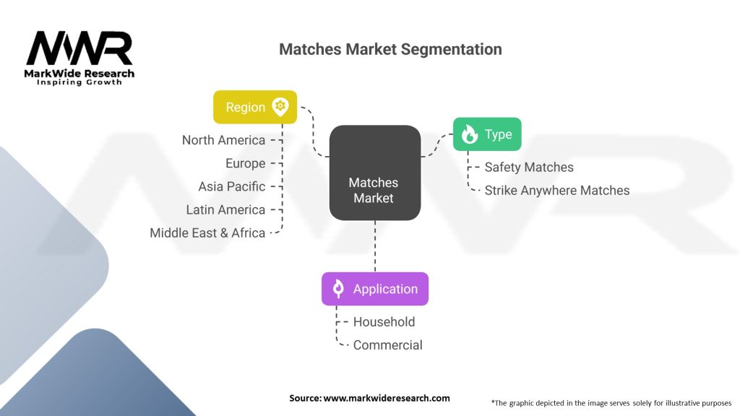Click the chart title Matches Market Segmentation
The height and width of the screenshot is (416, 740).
pyautogui.click(x=390, y=50)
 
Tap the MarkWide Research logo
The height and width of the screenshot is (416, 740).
pyautogui.click(x=79, y=58)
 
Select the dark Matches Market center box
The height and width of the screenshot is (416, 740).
pyautogui.click(x=375, y=173)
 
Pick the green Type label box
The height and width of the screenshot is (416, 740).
pyautogui.click(x=486, y=134)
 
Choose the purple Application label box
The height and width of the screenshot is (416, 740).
pyautogui.click(x=374, y=289)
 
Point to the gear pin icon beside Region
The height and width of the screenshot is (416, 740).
pyautogui.click(x=280, y=107)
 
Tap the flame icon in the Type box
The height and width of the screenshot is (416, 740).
pyautogui.click(x=470, y=134)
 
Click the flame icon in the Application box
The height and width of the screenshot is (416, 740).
pyautogui.click(x=337, y=289)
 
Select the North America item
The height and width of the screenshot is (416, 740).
pyautogui.click(x=223, y=140)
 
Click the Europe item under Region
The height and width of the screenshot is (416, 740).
pyautogui.click(x=245, y=163)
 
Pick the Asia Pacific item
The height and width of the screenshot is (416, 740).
pyautogui.click(x=231, y=186)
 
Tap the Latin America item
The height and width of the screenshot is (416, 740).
pyautogui.click(x=225, y=209)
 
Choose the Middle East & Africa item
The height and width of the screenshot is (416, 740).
pyautogui.click(x=207, y=233)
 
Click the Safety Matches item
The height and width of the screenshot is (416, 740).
pyautogui.click(x=529, y=167)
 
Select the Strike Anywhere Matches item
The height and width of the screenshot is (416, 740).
pyautogui.click(x=556, y=191)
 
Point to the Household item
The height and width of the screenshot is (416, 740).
pyautogui.click(x=384, y=321)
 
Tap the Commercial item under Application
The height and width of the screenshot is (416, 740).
pyautogui.click(x=387, y=344)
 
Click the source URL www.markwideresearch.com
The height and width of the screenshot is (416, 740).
pyautogui.click(x=386, y=398)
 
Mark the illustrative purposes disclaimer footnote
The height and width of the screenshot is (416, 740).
pyautogui.click(x=611, y=402)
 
